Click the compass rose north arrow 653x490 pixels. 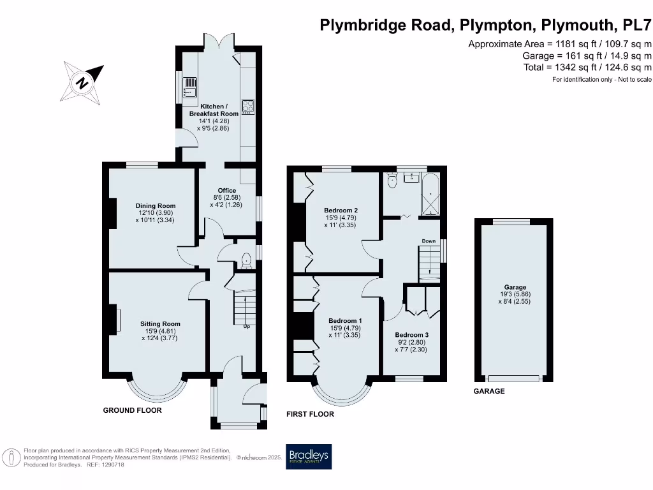tap(84, 81)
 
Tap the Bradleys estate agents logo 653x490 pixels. tap(309, 457)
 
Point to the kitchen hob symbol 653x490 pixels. tap(248, 107)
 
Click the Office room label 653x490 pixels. tap(226, 191)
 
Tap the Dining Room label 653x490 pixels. tap(155, 205)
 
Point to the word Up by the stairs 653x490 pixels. tap(246, 327)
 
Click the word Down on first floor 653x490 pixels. tap(429, 241)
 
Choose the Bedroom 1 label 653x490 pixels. tap(345, 321)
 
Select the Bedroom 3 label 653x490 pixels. tap(411, 335)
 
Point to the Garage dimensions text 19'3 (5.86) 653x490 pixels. tap(515, 295)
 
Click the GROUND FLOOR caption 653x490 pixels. tap(132, 410)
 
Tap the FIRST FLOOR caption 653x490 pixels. tap(310, 414)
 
